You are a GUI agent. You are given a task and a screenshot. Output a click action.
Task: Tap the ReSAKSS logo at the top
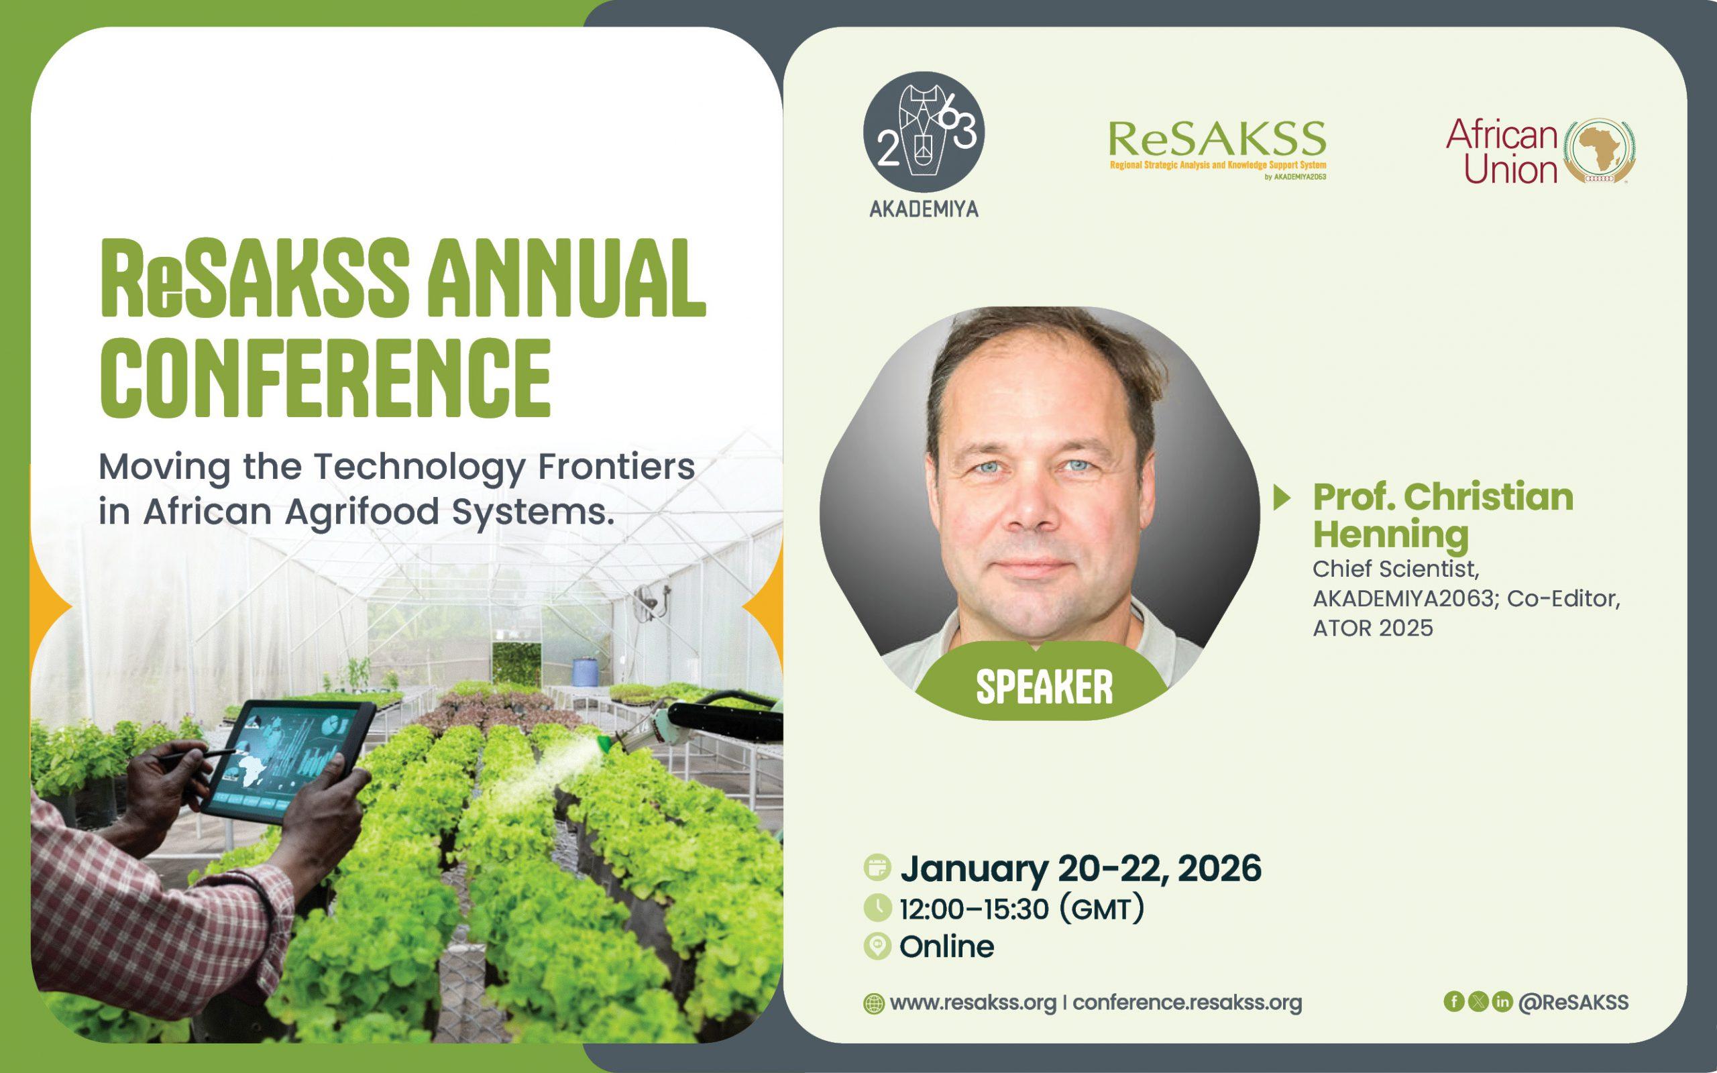(1217, 150)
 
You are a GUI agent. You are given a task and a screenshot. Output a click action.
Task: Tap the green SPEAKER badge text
(1044, 687)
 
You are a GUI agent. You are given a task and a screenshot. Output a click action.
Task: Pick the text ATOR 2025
(1373, 628)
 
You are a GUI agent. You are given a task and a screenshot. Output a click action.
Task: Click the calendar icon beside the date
(878, 867)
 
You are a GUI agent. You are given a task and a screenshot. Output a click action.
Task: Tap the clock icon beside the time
(878, 907)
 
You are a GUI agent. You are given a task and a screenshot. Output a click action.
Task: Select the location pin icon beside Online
(878, 947)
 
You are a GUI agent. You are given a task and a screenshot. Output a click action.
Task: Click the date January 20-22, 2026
(1081, 868)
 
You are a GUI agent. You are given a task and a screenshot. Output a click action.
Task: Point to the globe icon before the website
(873, 1003)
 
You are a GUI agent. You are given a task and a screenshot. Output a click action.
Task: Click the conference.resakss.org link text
(1187, 1003)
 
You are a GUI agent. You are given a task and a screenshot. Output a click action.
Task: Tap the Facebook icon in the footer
(1454, 1001)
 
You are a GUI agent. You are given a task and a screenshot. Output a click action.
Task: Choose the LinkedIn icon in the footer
(1502, 1001)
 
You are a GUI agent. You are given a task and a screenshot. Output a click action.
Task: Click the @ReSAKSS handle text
(1573, 1002)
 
